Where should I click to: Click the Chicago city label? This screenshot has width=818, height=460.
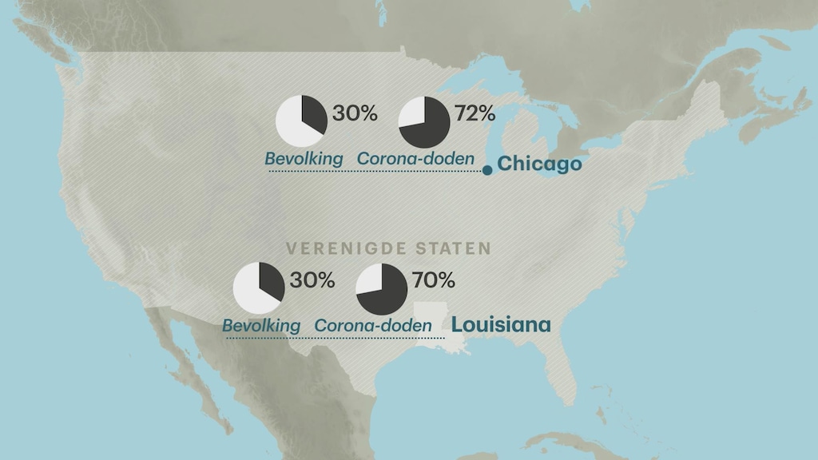point(538,164)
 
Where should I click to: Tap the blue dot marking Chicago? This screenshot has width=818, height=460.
point(487,170)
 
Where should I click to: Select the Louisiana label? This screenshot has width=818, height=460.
point(501,325)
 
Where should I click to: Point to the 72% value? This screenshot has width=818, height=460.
point(475,113)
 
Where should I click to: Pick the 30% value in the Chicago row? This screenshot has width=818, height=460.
point(355,113)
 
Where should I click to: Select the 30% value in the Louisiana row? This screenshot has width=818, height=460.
point(312,280)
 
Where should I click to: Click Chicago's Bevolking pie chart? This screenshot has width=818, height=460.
point(301,121)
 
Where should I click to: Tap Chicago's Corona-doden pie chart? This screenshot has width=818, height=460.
point(424,122)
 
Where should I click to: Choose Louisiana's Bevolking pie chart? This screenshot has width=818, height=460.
point(258,288)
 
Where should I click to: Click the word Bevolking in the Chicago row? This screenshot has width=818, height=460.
point(304,159)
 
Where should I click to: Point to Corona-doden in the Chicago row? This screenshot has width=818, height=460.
point(411,159)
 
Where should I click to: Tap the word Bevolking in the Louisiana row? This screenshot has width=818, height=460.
point(261,326)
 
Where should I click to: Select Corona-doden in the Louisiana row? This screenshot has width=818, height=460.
point(373,326)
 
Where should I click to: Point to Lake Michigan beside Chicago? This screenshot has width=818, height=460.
point(493,128)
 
